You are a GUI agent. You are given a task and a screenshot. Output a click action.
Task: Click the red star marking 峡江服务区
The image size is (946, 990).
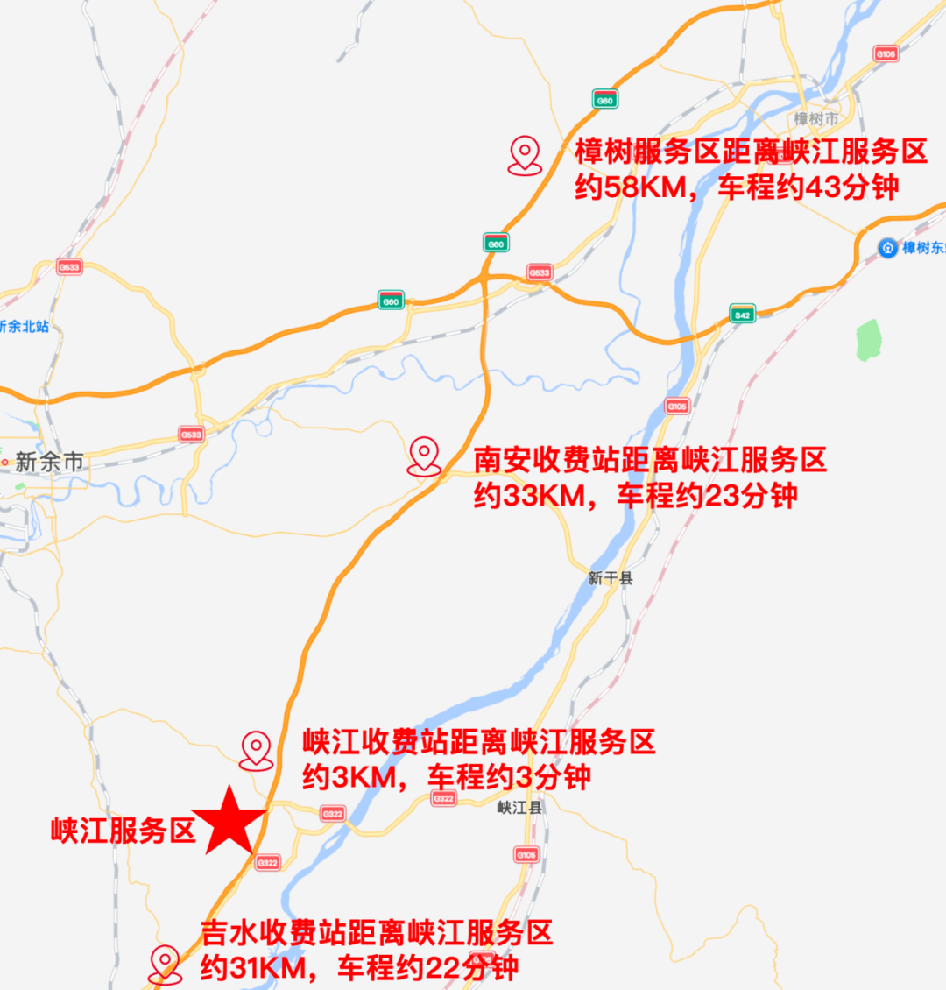click(x=229, y=822)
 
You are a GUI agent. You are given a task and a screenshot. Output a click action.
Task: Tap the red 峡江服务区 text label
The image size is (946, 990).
click(x=123, y=831)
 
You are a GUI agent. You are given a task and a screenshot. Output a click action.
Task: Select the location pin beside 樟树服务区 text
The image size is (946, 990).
click(x=525, y=155)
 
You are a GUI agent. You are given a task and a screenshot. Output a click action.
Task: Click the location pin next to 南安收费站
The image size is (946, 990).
click(x=424, y=456)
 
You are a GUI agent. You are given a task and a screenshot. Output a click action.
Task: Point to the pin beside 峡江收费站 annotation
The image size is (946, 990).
click(x=256, y=751)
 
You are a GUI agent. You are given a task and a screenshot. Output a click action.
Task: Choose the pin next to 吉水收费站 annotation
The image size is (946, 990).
click(x=165, y=964)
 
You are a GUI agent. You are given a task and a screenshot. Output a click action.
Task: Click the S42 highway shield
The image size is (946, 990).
click(x=742, y=315)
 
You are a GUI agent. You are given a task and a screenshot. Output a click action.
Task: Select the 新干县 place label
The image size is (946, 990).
click(x=610, y=578)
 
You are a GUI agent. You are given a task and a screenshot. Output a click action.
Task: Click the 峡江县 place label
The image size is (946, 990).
click(x=519, y=808)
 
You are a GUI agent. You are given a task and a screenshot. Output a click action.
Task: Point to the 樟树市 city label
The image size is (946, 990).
click(x=815, y=119)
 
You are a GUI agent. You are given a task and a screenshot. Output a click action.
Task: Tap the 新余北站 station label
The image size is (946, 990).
click(x=25, y=327)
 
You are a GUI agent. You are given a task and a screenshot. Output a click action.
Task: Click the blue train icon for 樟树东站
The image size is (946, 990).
click(x=887, y=248)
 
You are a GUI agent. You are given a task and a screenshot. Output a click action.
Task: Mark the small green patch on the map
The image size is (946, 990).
click(x=868, y=340)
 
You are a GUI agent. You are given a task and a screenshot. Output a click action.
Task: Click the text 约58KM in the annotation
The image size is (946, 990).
click(x=631, y=187)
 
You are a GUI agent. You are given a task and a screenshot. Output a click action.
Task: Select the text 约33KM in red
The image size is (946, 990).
click(x=529, y=496)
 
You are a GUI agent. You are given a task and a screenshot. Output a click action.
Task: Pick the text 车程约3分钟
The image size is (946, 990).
click(x=509, y=777)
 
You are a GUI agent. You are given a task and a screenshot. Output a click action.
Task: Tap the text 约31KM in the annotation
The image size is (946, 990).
click(x=254, y=968)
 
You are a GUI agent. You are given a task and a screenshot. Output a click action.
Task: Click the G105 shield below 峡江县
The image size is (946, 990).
click(x=526, y=854)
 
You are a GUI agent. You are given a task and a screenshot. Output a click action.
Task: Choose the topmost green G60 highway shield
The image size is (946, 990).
click(x=604, y=100)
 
